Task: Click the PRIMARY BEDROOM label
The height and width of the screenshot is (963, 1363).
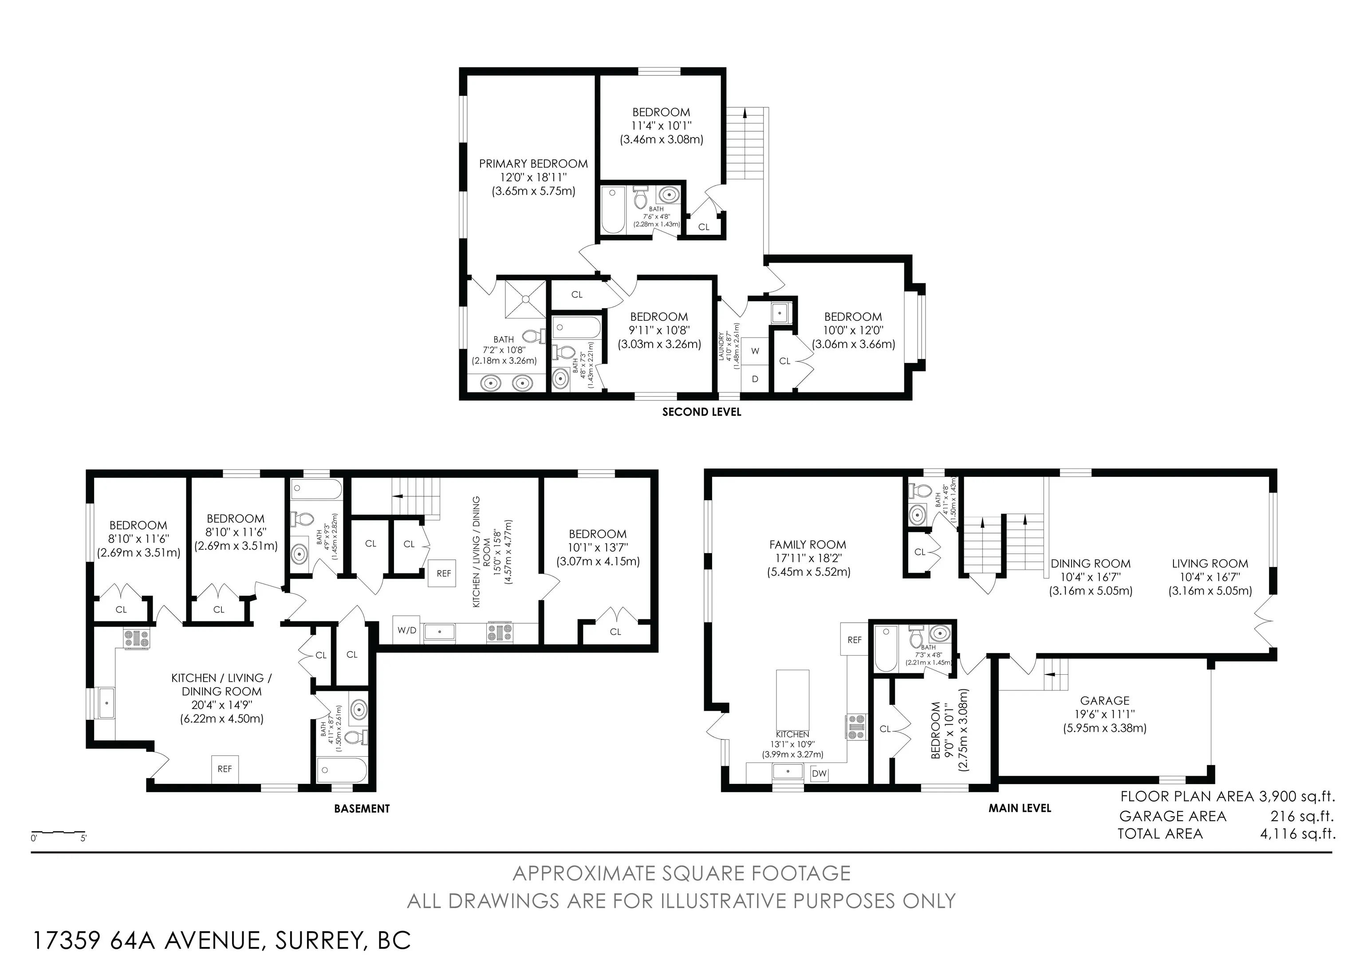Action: (533, 164)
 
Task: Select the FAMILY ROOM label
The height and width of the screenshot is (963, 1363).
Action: (808, 545)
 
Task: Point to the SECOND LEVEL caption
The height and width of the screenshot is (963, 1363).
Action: (701, 412)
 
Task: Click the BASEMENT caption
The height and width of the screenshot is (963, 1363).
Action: (362, 808)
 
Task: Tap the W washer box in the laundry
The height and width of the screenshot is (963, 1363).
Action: (755, 351)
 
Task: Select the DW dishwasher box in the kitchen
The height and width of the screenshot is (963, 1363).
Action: (819, 773)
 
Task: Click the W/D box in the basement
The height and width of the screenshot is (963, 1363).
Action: (407, 630)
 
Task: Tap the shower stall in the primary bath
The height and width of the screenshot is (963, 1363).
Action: (525, 300)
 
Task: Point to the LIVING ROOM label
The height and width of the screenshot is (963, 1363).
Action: (1210, 564)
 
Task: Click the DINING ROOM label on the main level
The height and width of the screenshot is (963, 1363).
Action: (1090, 564)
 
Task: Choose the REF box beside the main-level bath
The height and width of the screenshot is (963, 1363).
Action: (854, 640)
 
